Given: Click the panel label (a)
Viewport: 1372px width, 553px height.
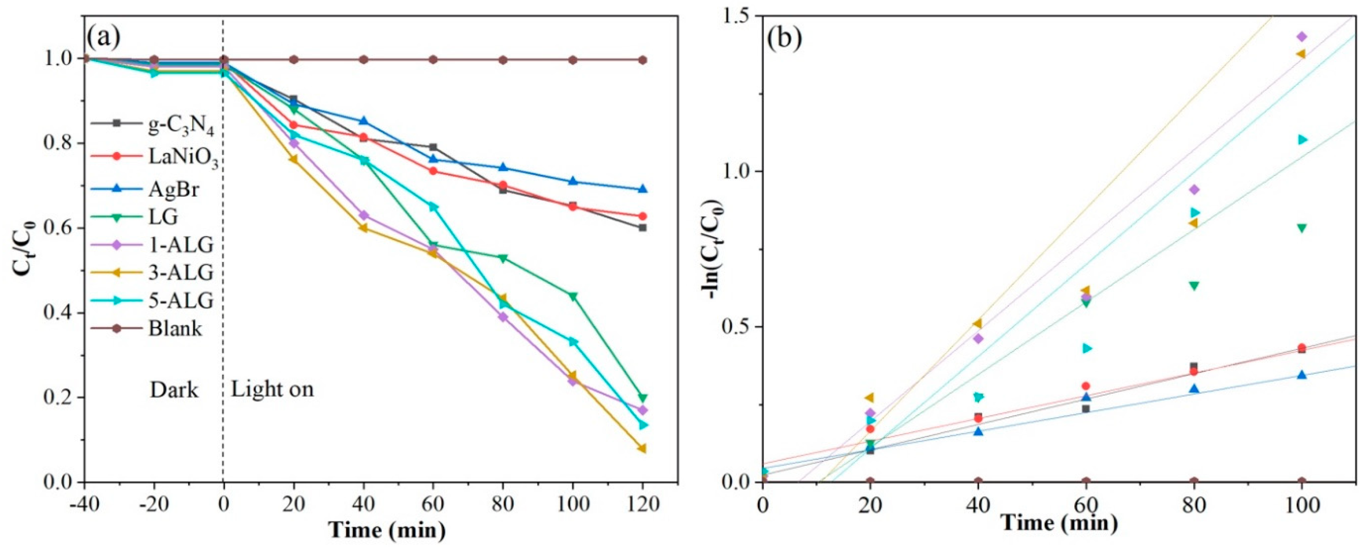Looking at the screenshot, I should point(104,36).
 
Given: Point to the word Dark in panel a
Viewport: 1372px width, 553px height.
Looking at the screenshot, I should point(174,390).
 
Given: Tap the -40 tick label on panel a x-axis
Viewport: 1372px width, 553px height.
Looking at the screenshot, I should point(84,503).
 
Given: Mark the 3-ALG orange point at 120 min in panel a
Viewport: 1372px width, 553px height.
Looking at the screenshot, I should point(642,449).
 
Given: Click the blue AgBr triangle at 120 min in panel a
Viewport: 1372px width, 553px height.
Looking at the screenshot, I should point(642,189).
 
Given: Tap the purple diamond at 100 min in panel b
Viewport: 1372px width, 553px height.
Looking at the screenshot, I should point(1301,37).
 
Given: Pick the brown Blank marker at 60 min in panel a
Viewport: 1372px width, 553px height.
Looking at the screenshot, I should point(433,60).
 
